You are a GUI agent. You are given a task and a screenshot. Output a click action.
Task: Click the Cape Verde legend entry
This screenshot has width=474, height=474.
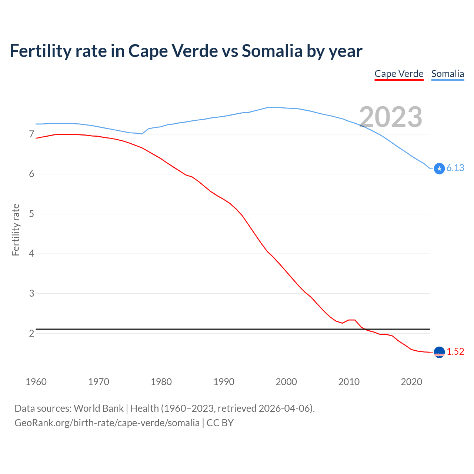tap(399, 74)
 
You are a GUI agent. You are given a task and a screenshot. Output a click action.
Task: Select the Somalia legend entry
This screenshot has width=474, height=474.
tap(447, 74)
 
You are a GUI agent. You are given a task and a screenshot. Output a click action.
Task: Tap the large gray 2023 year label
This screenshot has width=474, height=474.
tap(391, 117)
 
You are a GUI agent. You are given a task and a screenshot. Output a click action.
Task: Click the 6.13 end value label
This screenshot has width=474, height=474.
tap(455, 168)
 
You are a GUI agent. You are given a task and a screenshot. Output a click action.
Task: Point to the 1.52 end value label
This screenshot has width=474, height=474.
tap(455, 352)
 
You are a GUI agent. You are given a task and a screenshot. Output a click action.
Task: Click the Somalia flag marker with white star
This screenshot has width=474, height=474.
tap(439, 168)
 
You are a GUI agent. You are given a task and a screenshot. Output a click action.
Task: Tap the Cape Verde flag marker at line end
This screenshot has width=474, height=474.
tap(439, 352)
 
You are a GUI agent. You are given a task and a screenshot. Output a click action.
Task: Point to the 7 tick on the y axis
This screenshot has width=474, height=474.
tap(31, 134)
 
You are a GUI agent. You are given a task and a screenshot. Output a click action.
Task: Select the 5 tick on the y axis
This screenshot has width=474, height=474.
tap(31, 214)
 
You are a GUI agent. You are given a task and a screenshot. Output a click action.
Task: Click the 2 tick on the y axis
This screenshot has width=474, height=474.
tap(31, 333)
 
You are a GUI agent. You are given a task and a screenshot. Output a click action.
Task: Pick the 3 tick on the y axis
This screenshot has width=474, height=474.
tap(31, 293)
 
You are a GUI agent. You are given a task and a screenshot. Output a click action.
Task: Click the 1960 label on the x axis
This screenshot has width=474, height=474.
tap(36, 382)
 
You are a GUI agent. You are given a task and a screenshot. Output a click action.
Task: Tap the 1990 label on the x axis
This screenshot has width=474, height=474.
tap(224, 382)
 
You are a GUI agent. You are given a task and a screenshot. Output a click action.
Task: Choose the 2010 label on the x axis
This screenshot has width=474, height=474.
tap(349, 382)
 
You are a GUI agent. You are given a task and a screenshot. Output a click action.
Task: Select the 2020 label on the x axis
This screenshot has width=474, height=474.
tap(411, 382)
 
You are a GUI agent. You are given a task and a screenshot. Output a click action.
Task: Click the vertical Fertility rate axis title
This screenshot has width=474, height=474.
tap(16, 230)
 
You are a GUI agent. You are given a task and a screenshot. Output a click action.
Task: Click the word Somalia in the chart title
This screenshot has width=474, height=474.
tap(272, 51)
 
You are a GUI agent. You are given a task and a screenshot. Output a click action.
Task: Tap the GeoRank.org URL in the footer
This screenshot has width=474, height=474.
tap(107, 423)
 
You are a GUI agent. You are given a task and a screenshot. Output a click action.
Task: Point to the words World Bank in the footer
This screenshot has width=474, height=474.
tap(99, 408)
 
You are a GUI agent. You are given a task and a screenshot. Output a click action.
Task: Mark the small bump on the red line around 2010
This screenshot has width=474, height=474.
tap(352, 320)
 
